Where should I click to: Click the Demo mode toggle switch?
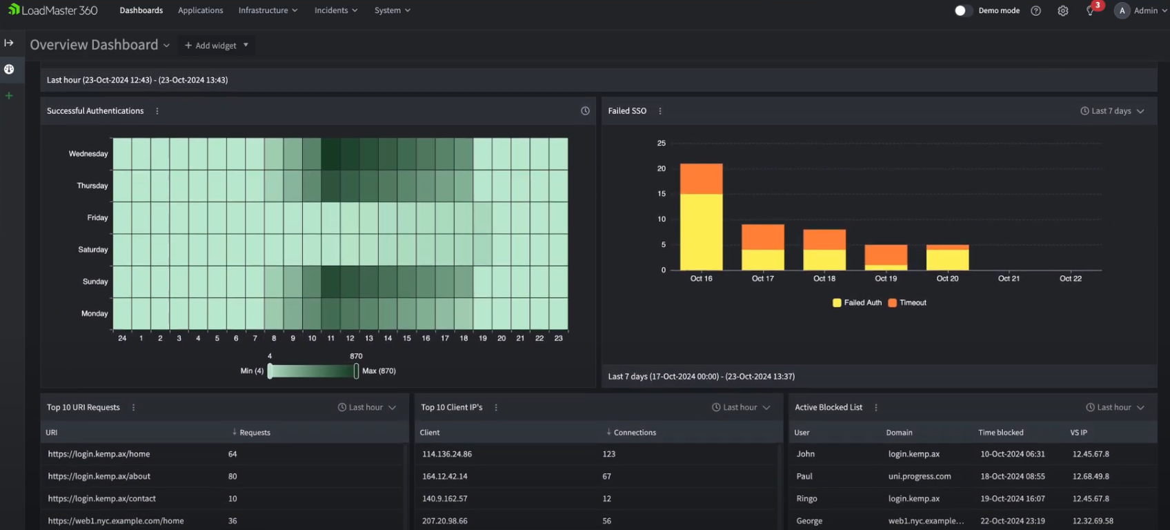(x=962, y=10)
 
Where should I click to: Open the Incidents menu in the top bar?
(x=336, y=10)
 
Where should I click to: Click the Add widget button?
(x=216, y=46)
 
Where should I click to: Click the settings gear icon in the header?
(x=1062, y=10)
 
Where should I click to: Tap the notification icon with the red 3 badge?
(x=1091, y=10)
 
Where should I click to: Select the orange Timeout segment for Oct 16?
(x=701, y=179)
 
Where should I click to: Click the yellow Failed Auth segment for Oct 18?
(x=824, y=259)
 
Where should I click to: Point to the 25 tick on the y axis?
(x=662, y=144)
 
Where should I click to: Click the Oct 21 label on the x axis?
(x=1009, y=279)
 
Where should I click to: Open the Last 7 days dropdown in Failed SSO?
(x=1112, y=111)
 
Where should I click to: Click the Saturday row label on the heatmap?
(x=93, y=250)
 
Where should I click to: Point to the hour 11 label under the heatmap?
(x=331, y=338)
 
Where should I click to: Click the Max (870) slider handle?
(x=356, y=371)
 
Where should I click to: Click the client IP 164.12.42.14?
(x=445, y=476)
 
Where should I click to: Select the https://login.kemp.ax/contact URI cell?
(x=102, y=498)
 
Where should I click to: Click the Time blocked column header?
(x=1000, y=433)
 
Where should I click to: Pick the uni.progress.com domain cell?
(x=919, y=476)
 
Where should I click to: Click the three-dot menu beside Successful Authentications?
(x=157, y=111)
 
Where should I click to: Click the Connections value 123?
(x=608, y=454)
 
